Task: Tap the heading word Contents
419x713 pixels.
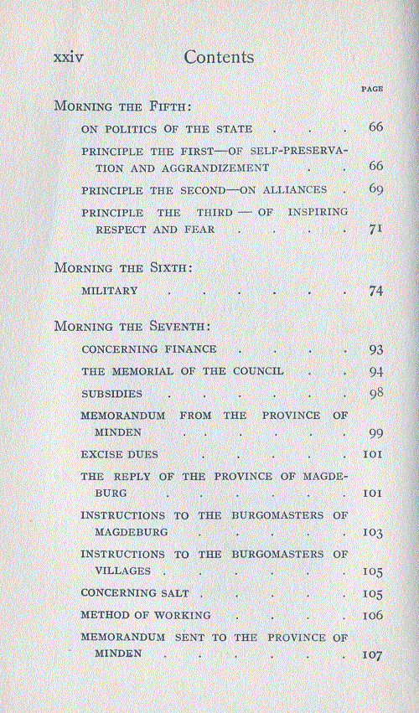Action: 219,57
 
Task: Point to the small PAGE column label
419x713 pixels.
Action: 371,88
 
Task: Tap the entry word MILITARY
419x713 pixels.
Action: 109,292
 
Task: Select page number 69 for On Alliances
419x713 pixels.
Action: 375,189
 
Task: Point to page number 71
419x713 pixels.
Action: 375,229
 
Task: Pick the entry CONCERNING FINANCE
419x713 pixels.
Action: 149,349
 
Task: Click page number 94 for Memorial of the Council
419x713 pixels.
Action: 375,371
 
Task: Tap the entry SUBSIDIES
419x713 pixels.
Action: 111,393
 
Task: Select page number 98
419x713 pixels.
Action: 375,393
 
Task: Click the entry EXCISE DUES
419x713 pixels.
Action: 119,454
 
